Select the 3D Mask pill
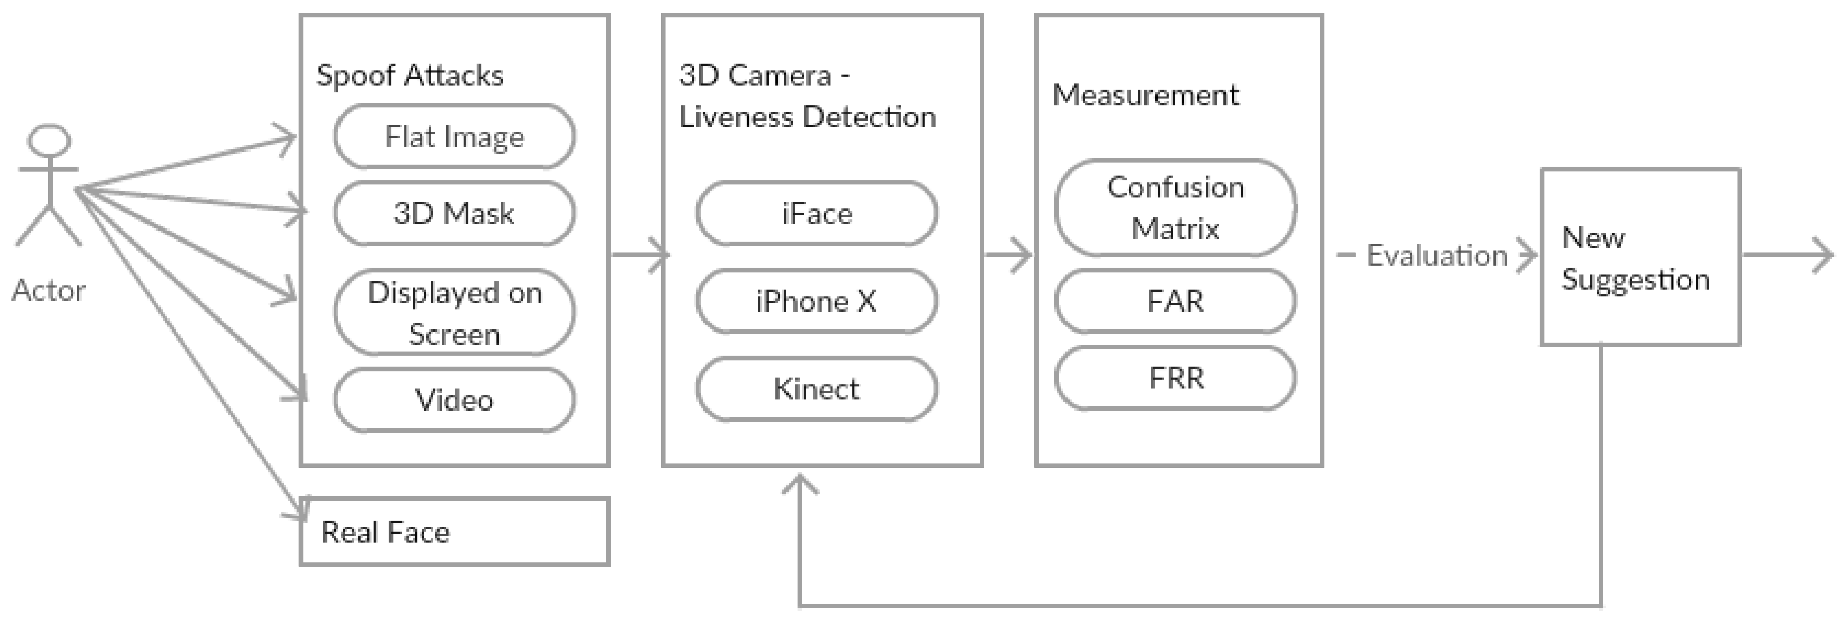tap(454, 213)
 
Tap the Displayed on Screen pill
tap(454, 313)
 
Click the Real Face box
tap(454, 532)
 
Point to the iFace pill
tap(816, 213)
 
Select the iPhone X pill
tap(816, 301)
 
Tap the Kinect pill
tap(816, 389)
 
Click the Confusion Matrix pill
tap(1175, 207)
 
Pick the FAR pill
tap(1175, 301)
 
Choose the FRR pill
tap(1175, 377)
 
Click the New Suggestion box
tap(1640, 257)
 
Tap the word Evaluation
tap(1437, 255)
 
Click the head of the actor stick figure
tap(48, 140)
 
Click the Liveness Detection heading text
tap(807, 116)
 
